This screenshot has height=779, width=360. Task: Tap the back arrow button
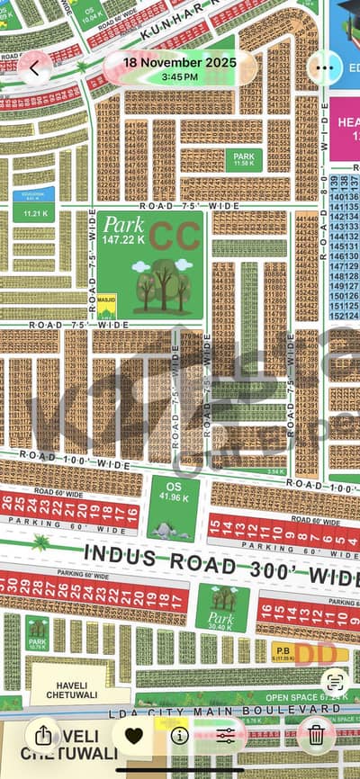click(x=34, y=67)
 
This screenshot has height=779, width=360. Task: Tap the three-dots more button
click(x=324, y=67)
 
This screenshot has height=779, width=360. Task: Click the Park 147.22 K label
click(x=123, y=230)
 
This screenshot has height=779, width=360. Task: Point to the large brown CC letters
click(x=175, y=235)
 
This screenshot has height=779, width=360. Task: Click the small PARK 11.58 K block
click(x=243, y=159)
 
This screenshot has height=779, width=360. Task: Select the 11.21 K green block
click(x=35, y=213)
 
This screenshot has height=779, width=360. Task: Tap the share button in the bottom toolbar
click(x=43, y=734)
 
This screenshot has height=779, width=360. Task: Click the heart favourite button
click(x=133, y=735)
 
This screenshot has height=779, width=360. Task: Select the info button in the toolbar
click(x=179, y=735)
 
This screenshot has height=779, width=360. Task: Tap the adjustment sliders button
click(x=225, y=735)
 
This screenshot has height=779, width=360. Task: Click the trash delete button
click(x=316, y=734)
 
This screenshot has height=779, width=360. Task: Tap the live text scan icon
click(x=334, y=681)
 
